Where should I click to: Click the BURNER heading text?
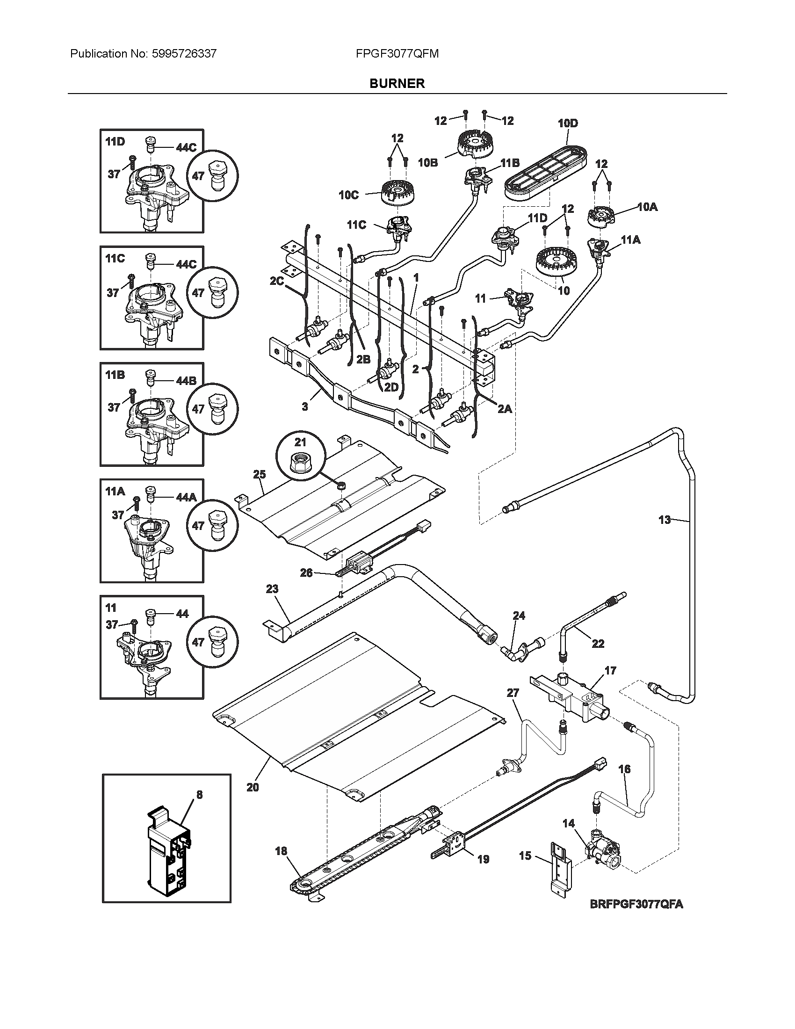coord(397,83)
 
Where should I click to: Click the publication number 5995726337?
coord(184,54)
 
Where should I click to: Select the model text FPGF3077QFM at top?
coord(397,54)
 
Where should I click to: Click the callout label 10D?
coord(568,123)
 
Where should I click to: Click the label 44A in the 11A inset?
coord(186,497)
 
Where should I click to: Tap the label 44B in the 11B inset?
coord(186,381)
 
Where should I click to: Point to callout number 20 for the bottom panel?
coord(253,787)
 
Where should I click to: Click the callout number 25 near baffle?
coord(260,474)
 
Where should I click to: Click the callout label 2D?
coord(391,387)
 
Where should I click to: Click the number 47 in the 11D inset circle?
coord(198,176)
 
